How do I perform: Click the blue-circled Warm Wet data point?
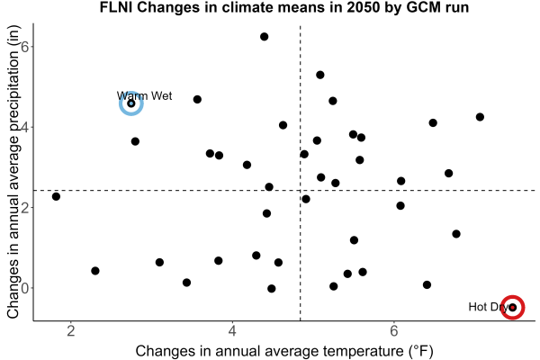point(131,103)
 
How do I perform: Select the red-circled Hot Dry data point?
point(513,307)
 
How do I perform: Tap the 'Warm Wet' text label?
point(144,95)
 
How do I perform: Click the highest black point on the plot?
point(264,37)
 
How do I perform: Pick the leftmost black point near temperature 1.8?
point(56,196)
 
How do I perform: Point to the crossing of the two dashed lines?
point(301,190)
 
